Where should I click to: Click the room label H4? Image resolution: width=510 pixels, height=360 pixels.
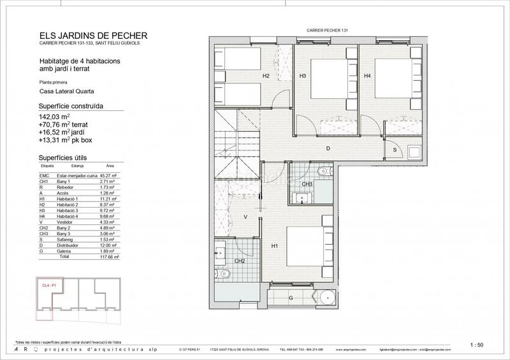point(367,76)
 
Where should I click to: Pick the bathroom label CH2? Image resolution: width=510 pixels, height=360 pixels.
point(240,261)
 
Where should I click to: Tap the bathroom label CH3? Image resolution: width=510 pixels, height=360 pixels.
point(307,185)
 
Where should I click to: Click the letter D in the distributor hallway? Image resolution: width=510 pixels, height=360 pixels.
point(328,148)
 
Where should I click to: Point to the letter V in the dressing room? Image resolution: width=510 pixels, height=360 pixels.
point(245,217)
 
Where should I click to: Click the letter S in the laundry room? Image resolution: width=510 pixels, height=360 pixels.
point(395,150)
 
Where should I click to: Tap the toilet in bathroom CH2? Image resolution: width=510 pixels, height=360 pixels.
point(223,274)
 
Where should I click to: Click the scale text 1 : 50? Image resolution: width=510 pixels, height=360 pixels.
point(476,345)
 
